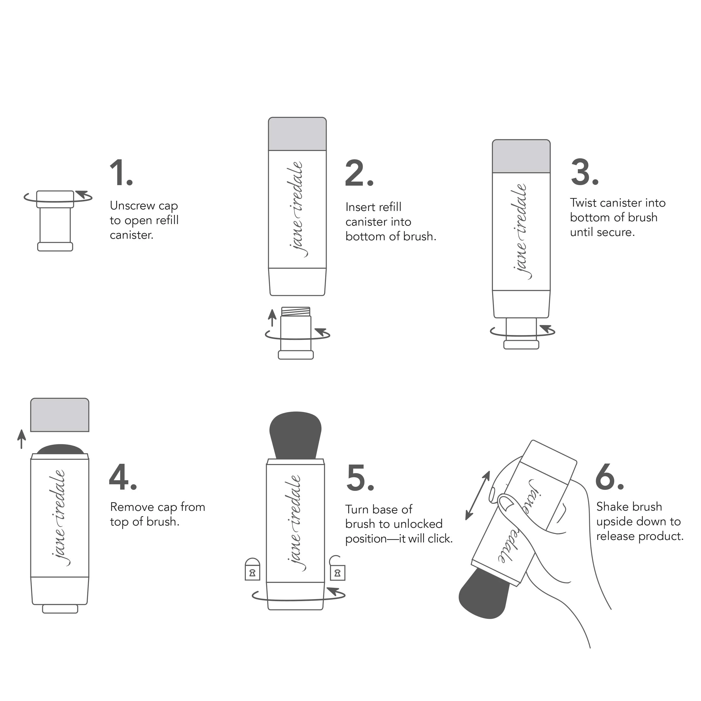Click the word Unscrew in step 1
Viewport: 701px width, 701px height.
click(x=132, y=206)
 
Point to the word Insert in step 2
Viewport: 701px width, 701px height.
click(x=359, y=207)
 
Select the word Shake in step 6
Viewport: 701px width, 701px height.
click(x=611, y=507)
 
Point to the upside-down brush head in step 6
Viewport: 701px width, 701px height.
click(x=484, y=595)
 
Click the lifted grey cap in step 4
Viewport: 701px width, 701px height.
click(x=59, y=415)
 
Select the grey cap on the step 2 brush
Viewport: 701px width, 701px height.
click(x=297, y=134)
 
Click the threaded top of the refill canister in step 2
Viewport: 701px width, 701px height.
click(x=296, y=311)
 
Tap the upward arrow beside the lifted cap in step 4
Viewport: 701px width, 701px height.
click(x=22, y=439)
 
